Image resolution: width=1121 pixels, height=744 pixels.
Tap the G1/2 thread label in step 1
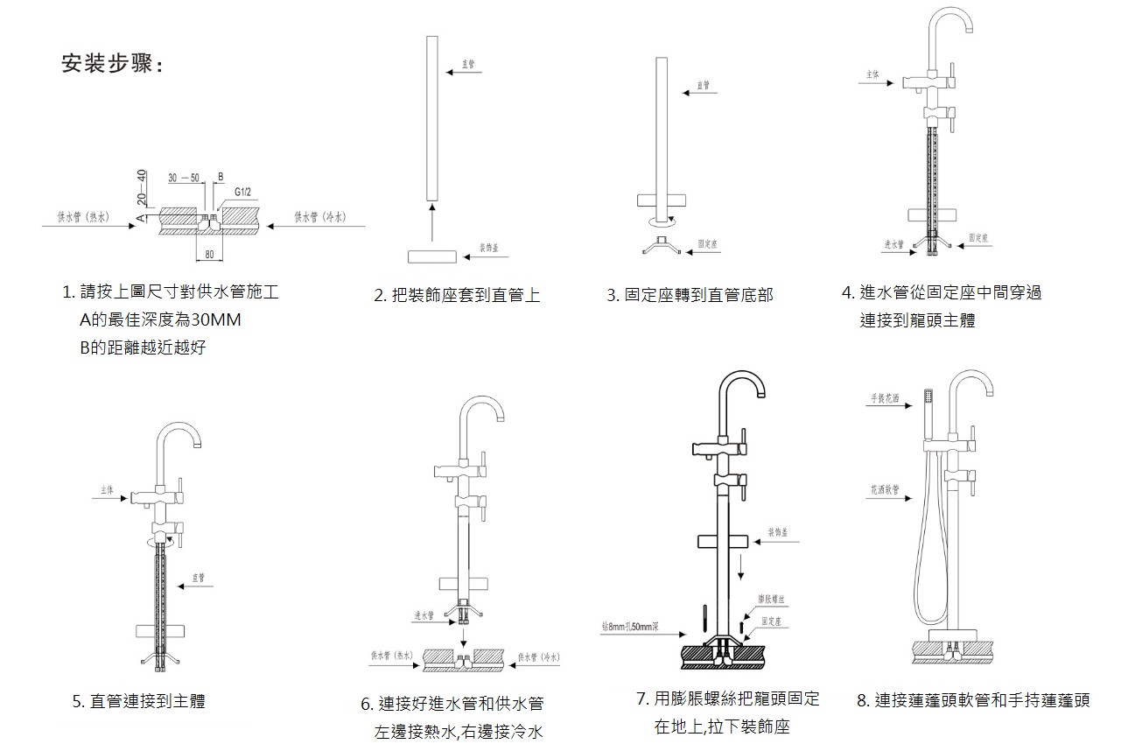click(x=243, y=191)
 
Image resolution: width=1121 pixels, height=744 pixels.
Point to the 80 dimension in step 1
click(x=209, y=255)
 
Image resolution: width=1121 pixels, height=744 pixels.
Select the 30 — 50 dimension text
click(x=184, y=177)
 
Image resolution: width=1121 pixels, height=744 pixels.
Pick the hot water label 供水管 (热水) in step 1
click(x=83, y=216)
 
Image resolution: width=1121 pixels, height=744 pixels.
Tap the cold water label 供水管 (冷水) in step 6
click(x=538, y=656)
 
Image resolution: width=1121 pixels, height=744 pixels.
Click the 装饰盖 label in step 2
click(x=489, y=249)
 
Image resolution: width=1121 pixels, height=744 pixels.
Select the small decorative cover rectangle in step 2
click(x=431, y=256)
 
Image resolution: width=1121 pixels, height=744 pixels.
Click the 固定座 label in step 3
click(x=707, y=244)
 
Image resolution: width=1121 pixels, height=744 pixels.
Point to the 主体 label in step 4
click(x=872, y=75)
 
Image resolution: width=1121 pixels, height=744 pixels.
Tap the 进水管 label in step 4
click(x=893, y=244)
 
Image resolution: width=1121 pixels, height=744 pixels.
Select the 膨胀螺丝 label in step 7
click(x=771, y=599)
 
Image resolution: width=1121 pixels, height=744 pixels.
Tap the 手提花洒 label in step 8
click(x=885, y=398)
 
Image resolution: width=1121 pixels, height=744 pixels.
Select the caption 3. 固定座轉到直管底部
click(x=690, y=296)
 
